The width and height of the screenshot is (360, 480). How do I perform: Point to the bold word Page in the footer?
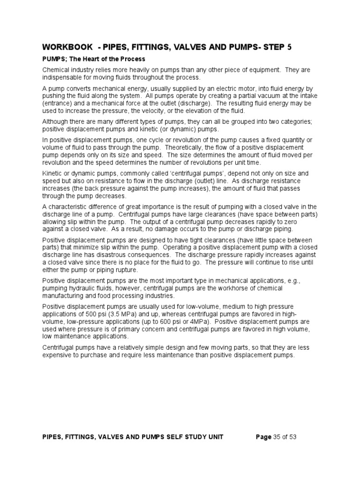click(263, 437)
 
